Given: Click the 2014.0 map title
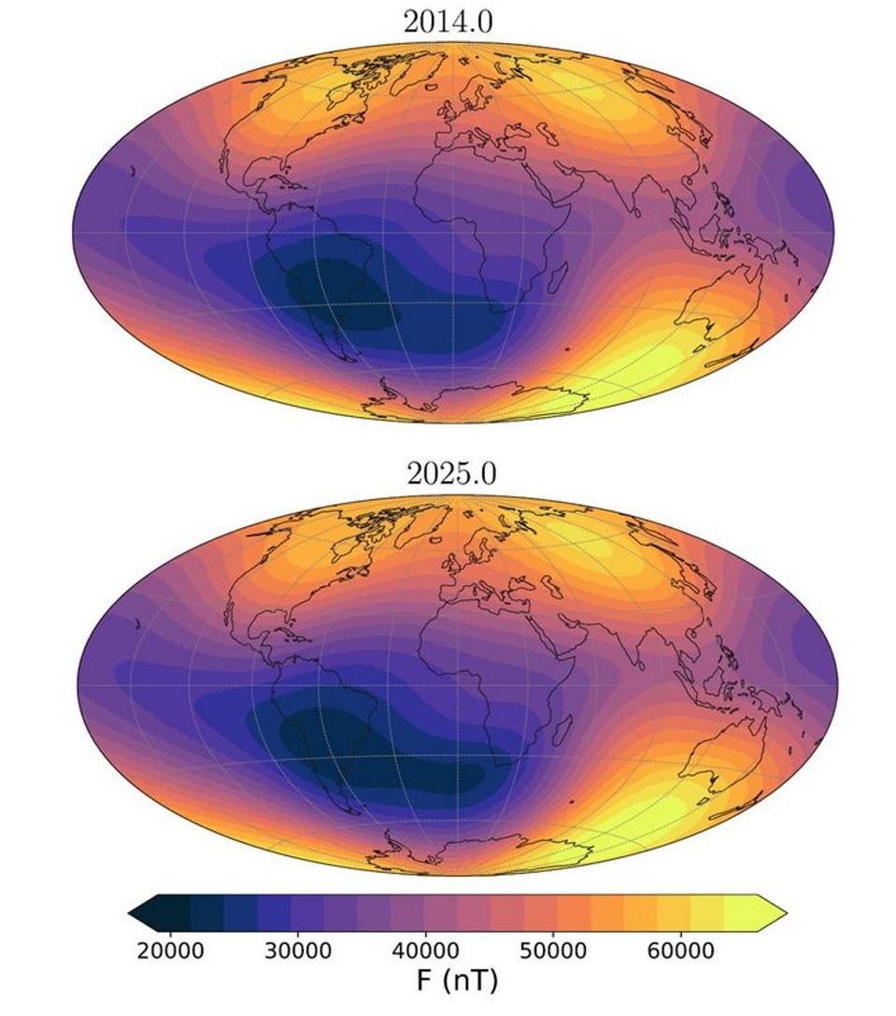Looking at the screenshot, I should (448, 21).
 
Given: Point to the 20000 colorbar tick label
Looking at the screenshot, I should (171, 952).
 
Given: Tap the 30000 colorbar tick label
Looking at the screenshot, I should (299, 952).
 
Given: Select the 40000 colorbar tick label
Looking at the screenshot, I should (425, 952).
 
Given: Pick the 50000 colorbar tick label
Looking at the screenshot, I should (552, 952).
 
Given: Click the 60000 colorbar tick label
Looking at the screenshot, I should (679, 952).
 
